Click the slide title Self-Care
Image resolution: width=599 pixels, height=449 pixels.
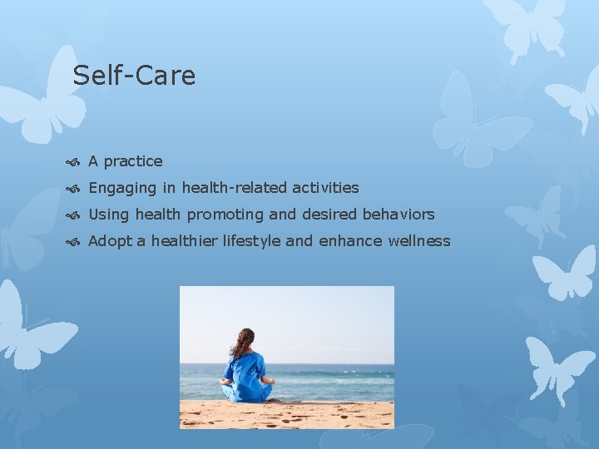pos(134,76)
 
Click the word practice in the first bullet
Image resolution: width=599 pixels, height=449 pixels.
pos(133,161)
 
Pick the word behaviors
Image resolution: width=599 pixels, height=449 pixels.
pos(398,215)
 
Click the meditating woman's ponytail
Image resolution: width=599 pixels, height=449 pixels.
pos(241,343)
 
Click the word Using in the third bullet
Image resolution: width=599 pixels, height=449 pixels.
pos(109,215)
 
